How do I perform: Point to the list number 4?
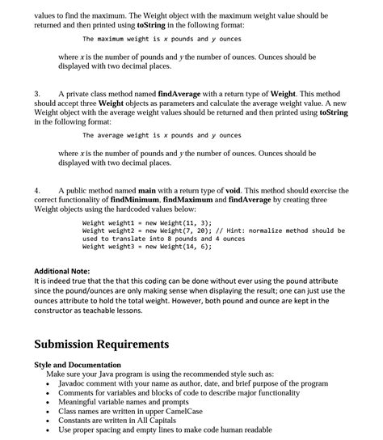37,189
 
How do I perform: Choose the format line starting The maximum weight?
162,39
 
